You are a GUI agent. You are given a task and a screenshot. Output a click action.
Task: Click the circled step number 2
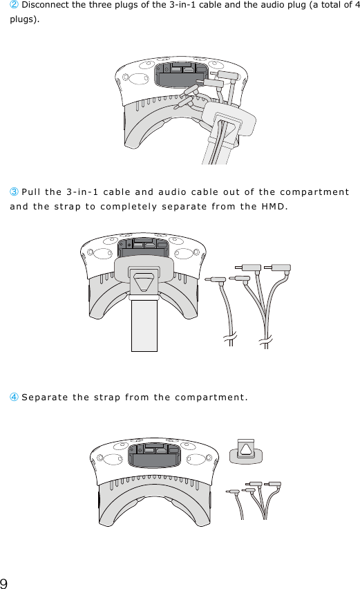[x=14, y=6]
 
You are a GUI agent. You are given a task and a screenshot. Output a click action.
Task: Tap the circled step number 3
[x=14, y=191]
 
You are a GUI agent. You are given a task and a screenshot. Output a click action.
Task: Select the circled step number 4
[x=14, y=397]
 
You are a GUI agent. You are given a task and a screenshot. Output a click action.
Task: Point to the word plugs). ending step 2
[x=24, y=19]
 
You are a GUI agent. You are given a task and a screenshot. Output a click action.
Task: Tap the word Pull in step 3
[x=34, y=191]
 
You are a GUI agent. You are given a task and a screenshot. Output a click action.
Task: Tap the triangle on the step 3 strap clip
[x=144, y=283]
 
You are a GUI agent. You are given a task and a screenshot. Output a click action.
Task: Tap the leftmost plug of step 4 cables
[x=233, y=492]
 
